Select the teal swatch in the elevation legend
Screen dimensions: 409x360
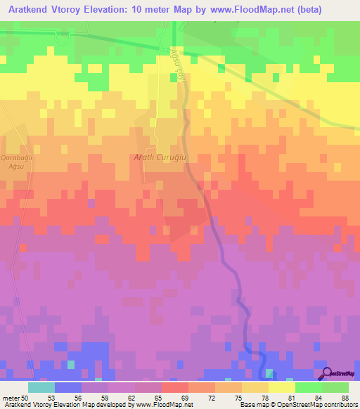(x=41, y=387)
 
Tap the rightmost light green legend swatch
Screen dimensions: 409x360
(x=335, y=387)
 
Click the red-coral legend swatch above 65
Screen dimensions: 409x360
(x=175, y=387)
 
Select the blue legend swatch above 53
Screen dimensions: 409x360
(x=68, y=387)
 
